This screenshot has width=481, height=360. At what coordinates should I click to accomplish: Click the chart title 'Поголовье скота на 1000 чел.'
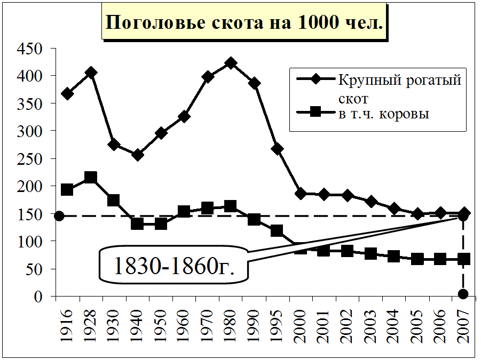[x=243, y=23]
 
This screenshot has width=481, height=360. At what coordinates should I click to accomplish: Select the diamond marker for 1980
[x=231, y=63]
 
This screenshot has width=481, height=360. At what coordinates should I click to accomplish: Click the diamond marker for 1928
[x=91, y=73]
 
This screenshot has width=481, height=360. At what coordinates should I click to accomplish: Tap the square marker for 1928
[x=91, y=178]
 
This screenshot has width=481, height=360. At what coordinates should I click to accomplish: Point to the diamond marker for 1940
[x=138, y=155]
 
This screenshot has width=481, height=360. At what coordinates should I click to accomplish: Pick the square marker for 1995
[x=277, y=231]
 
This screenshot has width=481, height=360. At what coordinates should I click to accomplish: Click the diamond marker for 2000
[x=301, y=194]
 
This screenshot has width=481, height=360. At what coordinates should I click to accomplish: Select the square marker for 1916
[x=67, y=189]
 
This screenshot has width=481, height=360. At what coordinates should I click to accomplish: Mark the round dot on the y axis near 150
[x=59, y=216]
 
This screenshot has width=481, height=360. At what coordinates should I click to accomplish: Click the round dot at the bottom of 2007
[x=463, y=294]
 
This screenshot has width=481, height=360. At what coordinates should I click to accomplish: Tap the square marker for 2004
[x=393, y=257]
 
